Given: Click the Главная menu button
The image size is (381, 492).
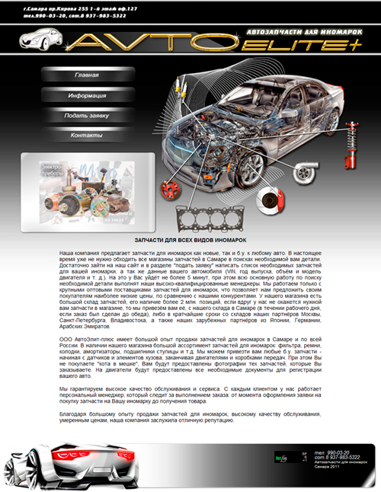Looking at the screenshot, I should coord(86,76).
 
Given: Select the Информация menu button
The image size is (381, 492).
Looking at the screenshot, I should coord(86,96).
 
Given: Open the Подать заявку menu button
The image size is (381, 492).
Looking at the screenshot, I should coord(86,115).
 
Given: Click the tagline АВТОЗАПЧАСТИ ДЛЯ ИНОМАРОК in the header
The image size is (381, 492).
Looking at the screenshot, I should coord(290,32).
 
